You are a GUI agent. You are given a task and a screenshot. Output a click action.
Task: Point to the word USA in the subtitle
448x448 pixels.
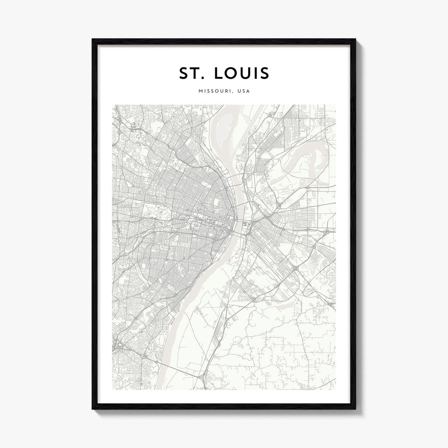pyautogui.click(x=244, y=92)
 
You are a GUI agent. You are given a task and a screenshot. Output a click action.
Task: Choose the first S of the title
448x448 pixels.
pyautogui.click(x=183, y=73)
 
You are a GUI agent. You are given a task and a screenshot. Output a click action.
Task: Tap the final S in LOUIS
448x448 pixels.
pyautogui.click(x=265, y=73)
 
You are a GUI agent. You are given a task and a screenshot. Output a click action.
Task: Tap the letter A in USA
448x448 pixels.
pyautogui.click(x=248, y=92)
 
